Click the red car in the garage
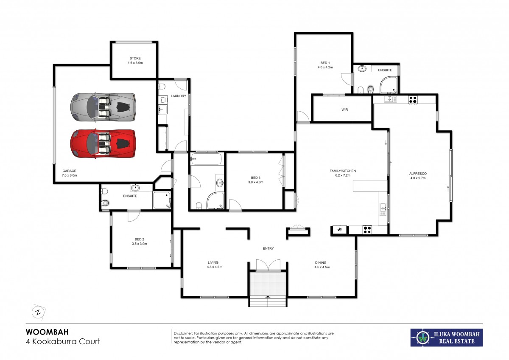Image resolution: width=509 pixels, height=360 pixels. pyautogui.click(x=103, y=143)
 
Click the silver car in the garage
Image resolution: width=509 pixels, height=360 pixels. pyautogui.click(x=103, y=106)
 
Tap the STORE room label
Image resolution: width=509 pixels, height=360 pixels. pyautogui.click(x=135, y=58)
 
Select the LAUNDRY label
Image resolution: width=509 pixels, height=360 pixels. pyautogui.click(x=179, y=96)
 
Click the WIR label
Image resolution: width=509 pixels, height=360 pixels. pyautogui.click(x=344, y=109)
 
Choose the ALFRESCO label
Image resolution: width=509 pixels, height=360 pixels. pyautogui.click(x=417, y=174)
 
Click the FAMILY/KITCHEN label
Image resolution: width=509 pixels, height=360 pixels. pyautogui.click(x=343, y=171)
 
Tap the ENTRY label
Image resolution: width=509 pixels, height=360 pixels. pyautogui.click(x=268, y=248)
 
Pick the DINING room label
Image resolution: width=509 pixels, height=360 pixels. pyautogui.click(x=320, y=262)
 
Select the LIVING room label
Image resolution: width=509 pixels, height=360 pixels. pyautogui.click(x=213, y=262)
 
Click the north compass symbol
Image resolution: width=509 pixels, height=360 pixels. pyautogui.click(x=38, y=312)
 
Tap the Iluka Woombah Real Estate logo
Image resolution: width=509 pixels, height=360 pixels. pyautogui.click(x=446, y=337)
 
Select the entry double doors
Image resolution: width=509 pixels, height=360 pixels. pyautogui.click(x=268, y=266)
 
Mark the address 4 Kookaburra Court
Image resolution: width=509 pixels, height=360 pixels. pyautogui.click(x=63, y=341)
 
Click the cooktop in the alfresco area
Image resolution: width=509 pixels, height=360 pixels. pyautogui.click(x=413, y=100)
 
